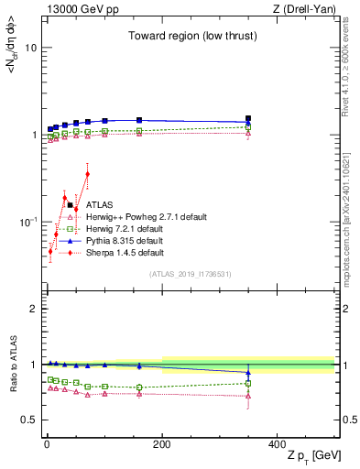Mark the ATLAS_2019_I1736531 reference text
191,274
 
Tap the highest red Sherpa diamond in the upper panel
87,174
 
